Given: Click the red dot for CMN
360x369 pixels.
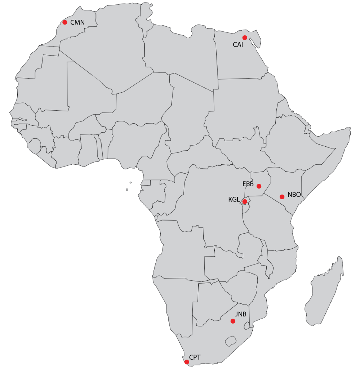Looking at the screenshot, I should [x=65, y=22].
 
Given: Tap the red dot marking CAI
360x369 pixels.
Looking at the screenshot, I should [x=245, y=38].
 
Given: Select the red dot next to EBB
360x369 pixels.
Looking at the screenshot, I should [x=259, y=186].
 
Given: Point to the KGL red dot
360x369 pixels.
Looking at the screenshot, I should [x=245, y=202].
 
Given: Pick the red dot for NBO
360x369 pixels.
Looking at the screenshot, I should [x=282, y=197].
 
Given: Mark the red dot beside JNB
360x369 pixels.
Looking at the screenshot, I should [x=233, y=320].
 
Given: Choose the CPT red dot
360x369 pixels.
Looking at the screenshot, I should [x=187, y=362].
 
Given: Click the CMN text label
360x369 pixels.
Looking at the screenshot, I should [x=77, y=22].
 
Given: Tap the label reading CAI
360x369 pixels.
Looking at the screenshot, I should [x=238, y=45].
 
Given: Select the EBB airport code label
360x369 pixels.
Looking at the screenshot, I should [x=248, y=184].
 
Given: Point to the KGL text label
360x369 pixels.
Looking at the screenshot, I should [x=234, y=199].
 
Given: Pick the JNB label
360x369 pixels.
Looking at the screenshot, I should [x=241, y=314].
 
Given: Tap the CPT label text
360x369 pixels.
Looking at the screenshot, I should [x=195, y=357].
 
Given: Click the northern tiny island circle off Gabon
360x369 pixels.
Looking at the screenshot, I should [x=130, y=183].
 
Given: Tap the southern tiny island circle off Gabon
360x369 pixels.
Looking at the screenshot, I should [x=127, y=190].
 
